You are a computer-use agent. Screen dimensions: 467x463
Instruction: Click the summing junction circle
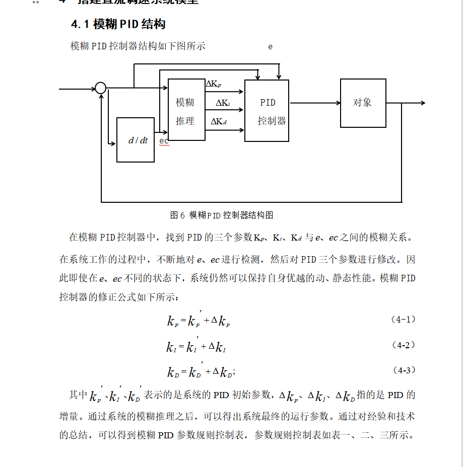tap(101, 89)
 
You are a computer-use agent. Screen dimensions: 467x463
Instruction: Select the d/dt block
tap(136, 140)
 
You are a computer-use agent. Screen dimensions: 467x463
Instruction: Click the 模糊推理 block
tap(186, 110)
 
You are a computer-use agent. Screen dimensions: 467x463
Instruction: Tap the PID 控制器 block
tap(267, 111)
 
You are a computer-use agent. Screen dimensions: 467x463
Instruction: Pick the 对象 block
tap(363, 103)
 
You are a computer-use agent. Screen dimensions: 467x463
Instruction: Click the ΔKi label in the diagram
tap(223, 103)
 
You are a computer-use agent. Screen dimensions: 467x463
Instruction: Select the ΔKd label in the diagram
tap(219, 121)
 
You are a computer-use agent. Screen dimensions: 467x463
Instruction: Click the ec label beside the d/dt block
tap(164, 141)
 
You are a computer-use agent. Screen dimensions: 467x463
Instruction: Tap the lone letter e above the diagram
tap(271, 47)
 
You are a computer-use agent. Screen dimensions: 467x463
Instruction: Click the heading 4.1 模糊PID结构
tap(118, 24)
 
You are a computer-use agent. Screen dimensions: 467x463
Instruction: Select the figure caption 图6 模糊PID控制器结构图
tap(222, 215)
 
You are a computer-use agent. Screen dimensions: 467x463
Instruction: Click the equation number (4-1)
tap(403, 320)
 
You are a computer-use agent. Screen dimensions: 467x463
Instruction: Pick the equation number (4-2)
tap(403, 345)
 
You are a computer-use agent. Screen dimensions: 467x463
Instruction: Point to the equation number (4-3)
tap(403, 370)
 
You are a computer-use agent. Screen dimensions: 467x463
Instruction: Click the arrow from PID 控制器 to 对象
tap(314, 103)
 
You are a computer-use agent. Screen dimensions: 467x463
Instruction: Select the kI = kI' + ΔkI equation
tap(196, 346)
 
